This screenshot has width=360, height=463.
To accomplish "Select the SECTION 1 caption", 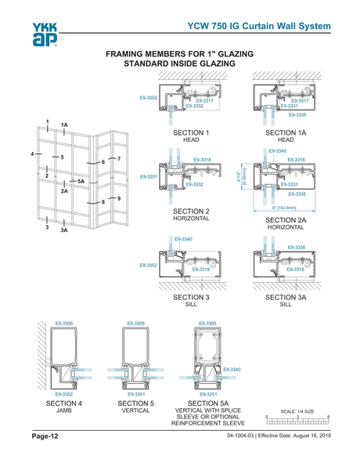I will click(x=191, y=133).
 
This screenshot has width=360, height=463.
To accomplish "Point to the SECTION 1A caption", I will click(x=286, y=133).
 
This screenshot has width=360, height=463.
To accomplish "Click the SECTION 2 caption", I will click(x=191, y=212).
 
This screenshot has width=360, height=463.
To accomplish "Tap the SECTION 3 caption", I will click(x=191, y=298).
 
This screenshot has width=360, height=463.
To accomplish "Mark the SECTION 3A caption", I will click(x=286, y=298).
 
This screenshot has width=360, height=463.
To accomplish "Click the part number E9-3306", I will click(x=63, y=323).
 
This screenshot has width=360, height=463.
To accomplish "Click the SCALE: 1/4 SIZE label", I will click(x=297, y=411).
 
